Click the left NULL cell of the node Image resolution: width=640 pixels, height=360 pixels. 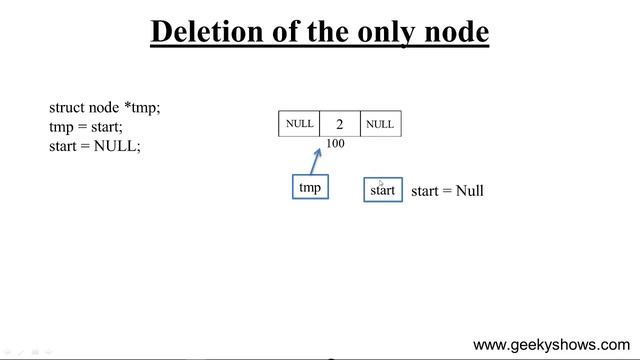(299, 124)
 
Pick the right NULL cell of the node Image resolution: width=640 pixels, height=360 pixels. (380, 124)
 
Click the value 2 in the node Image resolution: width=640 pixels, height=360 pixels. (339, 124)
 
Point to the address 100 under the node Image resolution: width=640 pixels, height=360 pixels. (335, 144)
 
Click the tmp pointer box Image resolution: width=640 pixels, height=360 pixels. (310, 187)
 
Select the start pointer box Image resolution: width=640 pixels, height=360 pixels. (382, 190)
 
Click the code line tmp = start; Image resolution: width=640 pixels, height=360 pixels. (86, 126)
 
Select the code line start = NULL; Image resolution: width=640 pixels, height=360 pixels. (95, 145)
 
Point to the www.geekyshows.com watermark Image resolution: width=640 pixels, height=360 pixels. (551, 345)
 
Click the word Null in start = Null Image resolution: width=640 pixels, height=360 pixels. (470, 190)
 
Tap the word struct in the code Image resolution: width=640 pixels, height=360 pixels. (66, 107)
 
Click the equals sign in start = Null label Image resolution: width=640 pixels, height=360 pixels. (448, 190)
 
